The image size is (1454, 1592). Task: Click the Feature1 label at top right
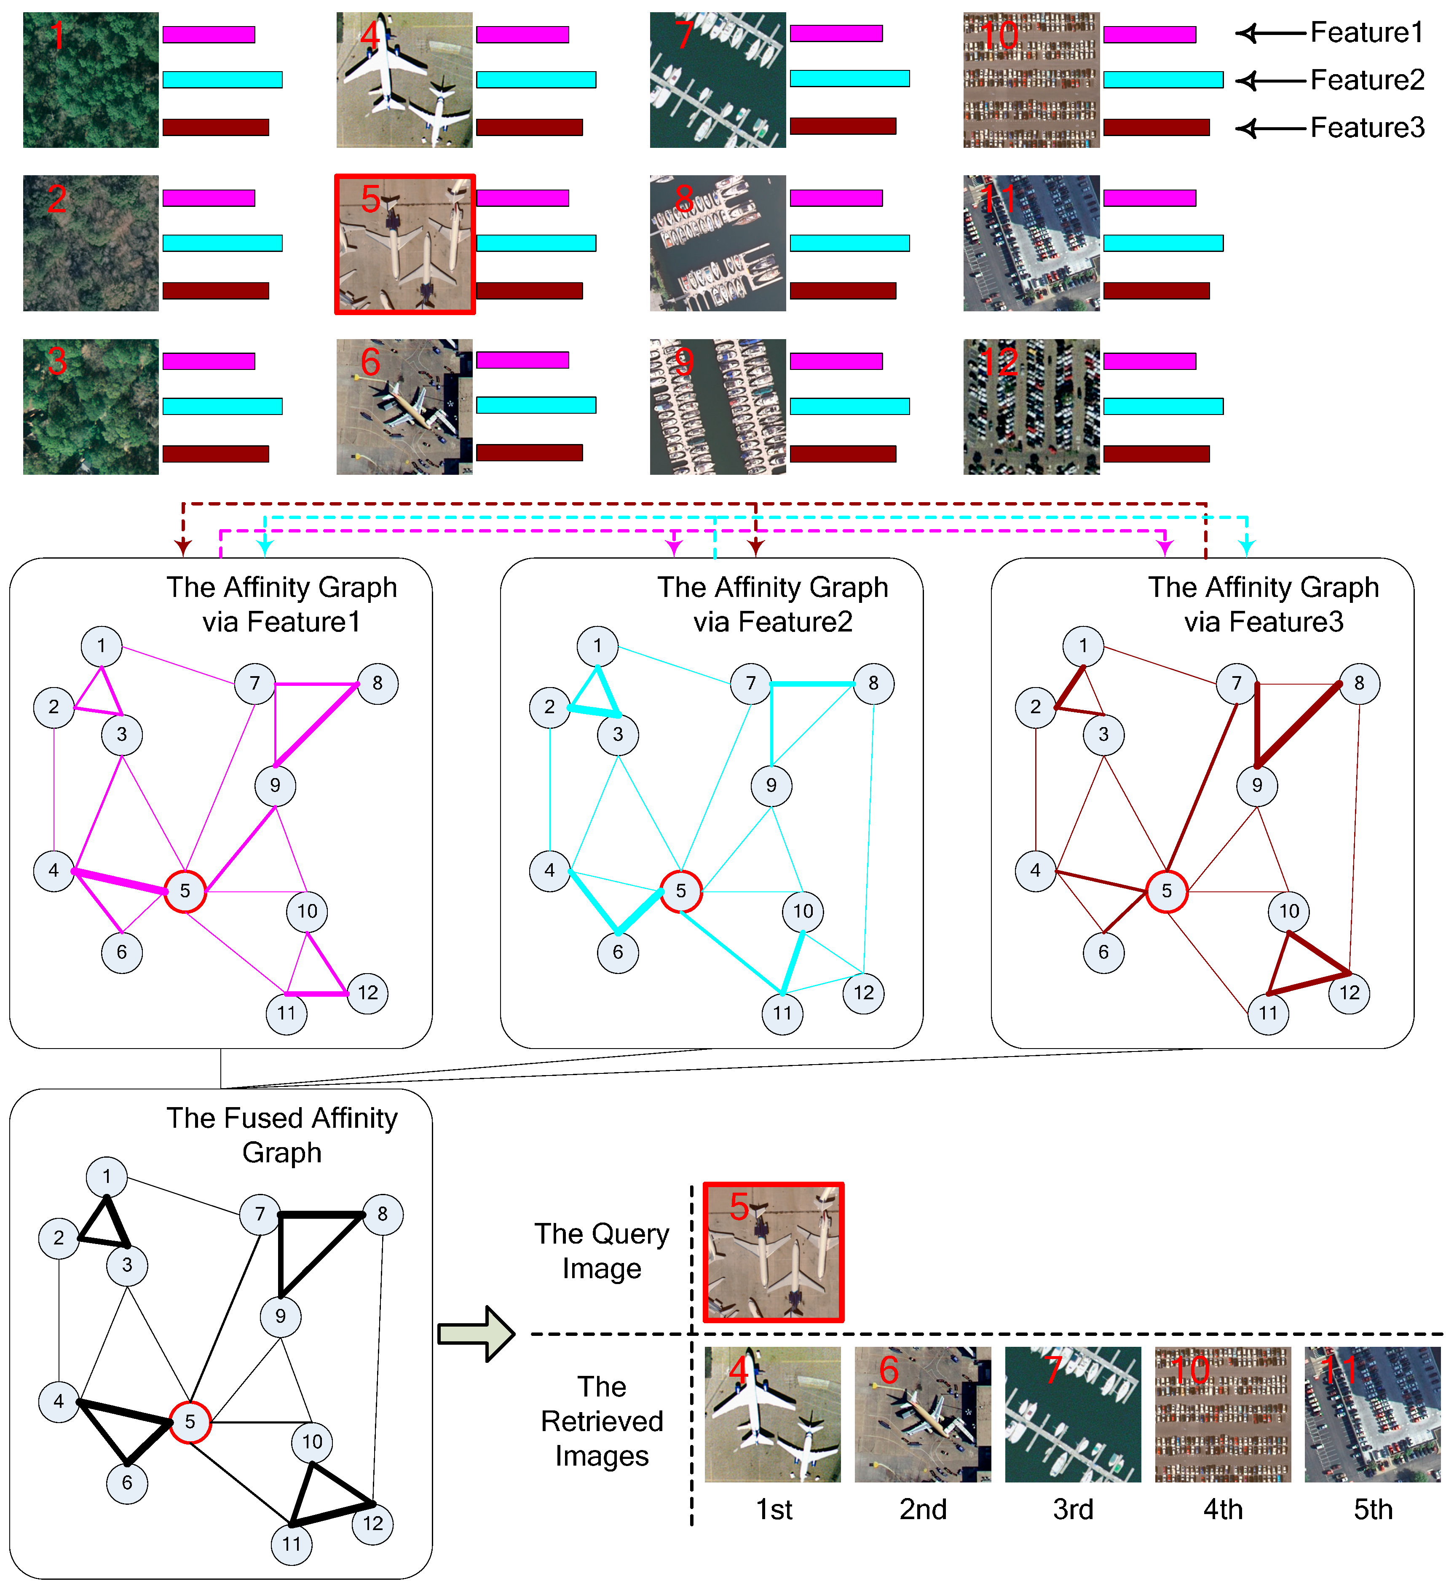(x=1366, y=32)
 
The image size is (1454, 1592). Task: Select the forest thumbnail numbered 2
(x=91, y=243)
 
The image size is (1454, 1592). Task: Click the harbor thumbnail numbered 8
(x=717, y=243)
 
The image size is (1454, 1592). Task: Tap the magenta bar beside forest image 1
(x=209, y=35)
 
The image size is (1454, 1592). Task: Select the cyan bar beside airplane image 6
(x=536, y=405)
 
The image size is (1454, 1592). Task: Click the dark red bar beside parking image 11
(x=1155, y=291)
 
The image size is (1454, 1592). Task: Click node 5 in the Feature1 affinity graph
(x=185, y=891)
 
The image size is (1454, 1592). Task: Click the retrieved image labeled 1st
(x=772, y=1414)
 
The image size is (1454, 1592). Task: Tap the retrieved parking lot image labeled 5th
(x=1372, y=1414)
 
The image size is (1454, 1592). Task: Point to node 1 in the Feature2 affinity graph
(x=597, y=646)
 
